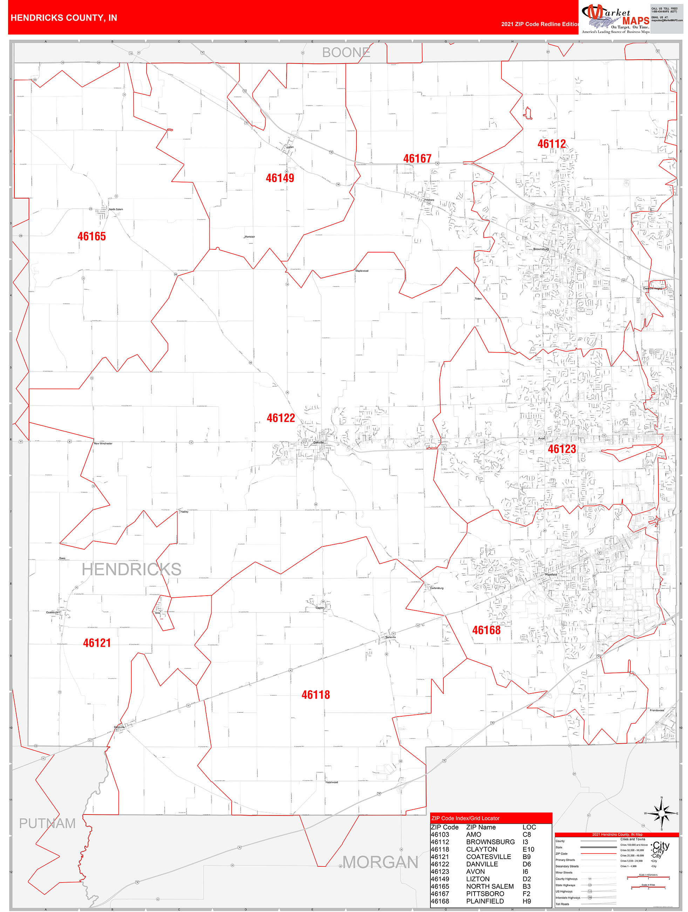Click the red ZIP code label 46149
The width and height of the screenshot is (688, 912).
[x=280, y=178]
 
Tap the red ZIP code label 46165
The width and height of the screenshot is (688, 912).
[x=91, y=237]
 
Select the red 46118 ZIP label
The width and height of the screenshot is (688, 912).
[x=315, y=695]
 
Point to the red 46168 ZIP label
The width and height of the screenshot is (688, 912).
[x=486, y=630]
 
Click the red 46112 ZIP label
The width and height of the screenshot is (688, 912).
[x=551, y=144]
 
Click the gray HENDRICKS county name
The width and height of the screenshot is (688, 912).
[x=131, y=569]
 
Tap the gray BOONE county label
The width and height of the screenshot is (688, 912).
[x=346, y=52]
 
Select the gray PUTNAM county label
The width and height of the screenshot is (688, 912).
[x=47, y=823]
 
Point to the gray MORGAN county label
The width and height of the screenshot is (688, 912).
[x=380, y=862]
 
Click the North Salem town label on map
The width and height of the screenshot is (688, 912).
[x=116, y=209]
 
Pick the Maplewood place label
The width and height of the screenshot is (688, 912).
[x=362, y=271]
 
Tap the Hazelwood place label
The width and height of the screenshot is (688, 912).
[x=332, y=782]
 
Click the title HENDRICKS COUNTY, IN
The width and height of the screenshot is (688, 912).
[x=64, y=18]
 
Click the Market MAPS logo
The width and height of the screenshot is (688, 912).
[x=615, y=18]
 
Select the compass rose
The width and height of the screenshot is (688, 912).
[x=662, y=813]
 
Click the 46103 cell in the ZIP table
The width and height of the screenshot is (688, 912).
[x=440, y=834]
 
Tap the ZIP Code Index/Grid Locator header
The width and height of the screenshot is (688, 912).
[x=465, y=818]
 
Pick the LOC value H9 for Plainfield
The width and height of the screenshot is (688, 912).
[x=526, y=901]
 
